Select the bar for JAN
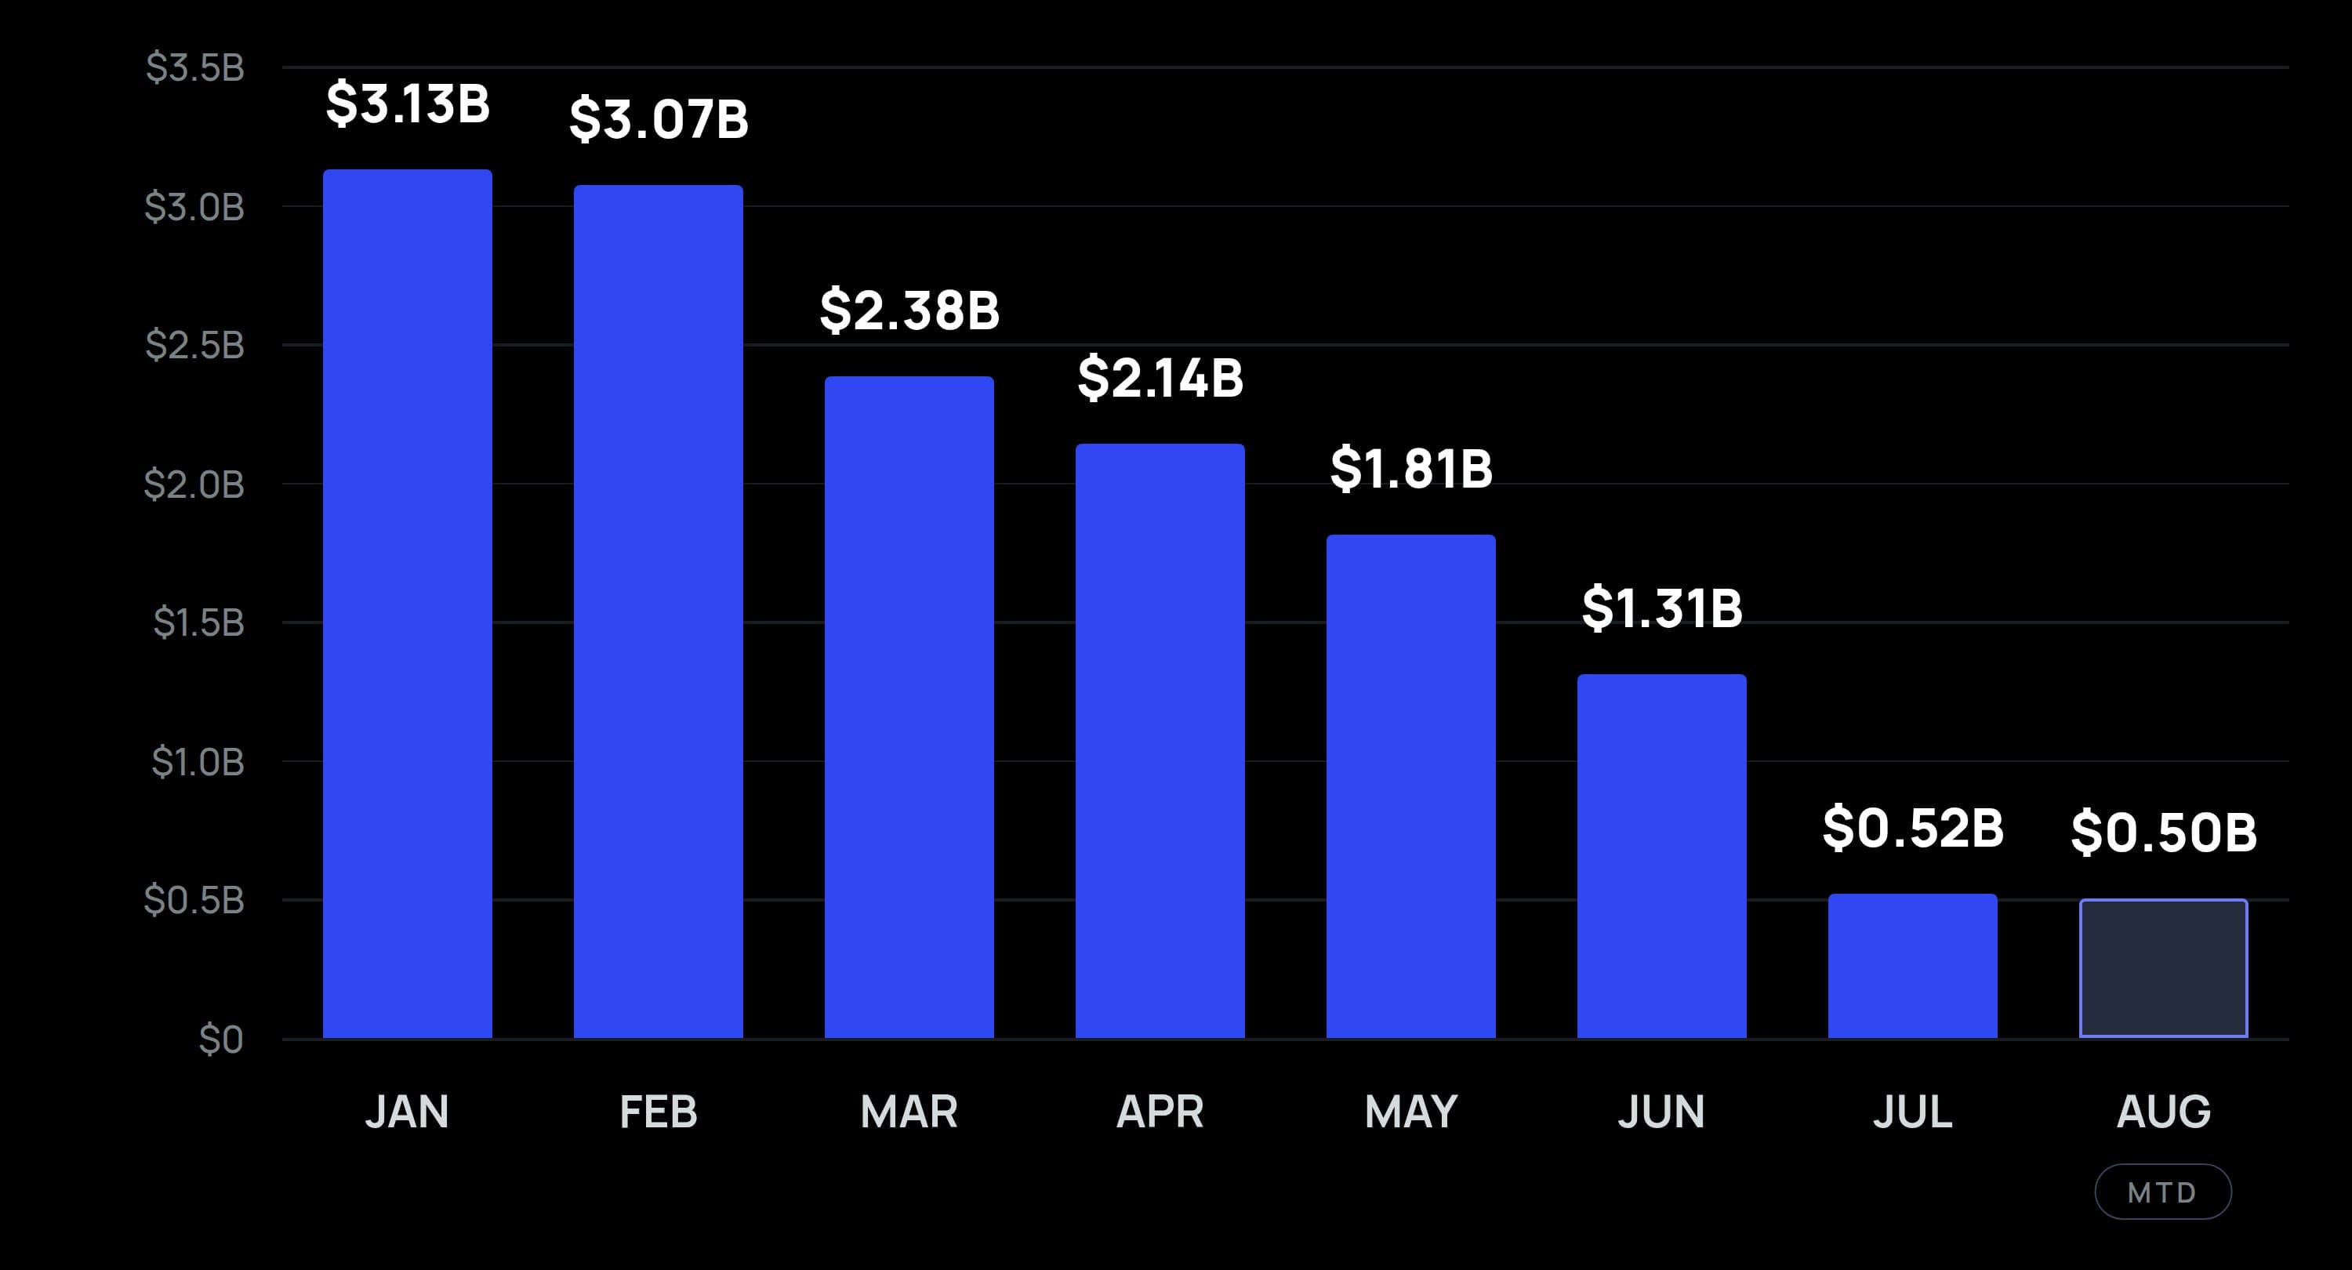click(407, 604)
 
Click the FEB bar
click(659, 611)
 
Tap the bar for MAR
click(909, 708)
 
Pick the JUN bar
click(1662, 856)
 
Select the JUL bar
click(1913, 966)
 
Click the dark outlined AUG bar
click(2164, 969)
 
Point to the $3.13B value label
click(407, 103)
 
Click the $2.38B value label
click(909, 310)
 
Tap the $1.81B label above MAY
click(1410, 470)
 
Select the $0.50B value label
click(2164, 833)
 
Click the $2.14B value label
click(1160, 378)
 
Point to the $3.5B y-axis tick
click(194, 68)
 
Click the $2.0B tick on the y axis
click(194, 484)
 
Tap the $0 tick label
click(221, 1040)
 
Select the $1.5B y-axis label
click(198, 623)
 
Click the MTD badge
click(2163, 1192)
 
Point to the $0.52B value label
click(1913, 829)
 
